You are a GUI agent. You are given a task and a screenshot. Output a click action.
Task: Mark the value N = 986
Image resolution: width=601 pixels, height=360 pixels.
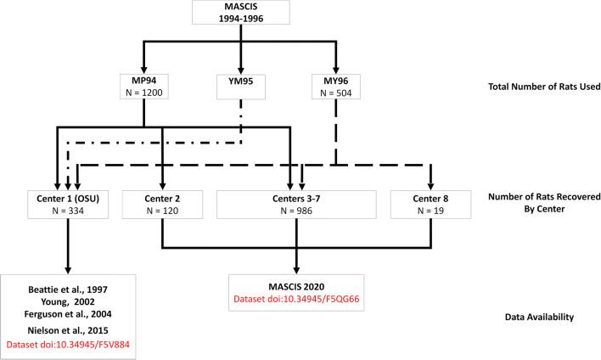coord(295,213)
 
